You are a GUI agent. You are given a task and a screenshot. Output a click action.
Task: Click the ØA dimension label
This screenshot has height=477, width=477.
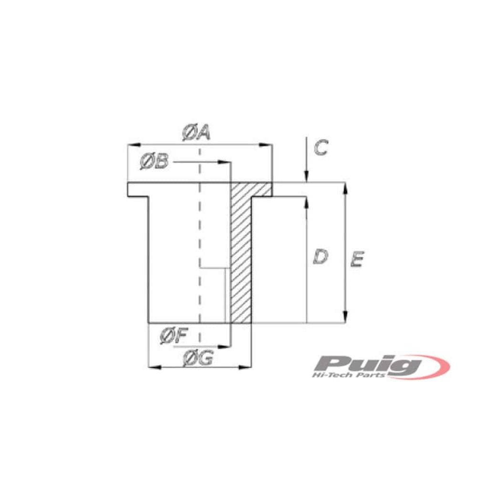196,133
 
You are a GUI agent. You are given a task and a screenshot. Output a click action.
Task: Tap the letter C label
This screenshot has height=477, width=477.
321,147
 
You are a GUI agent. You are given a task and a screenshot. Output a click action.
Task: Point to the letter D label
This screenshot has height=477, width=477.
321,257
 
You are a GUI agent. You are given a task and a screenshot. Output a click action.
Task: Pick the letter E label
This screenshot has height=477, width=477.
357,259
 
